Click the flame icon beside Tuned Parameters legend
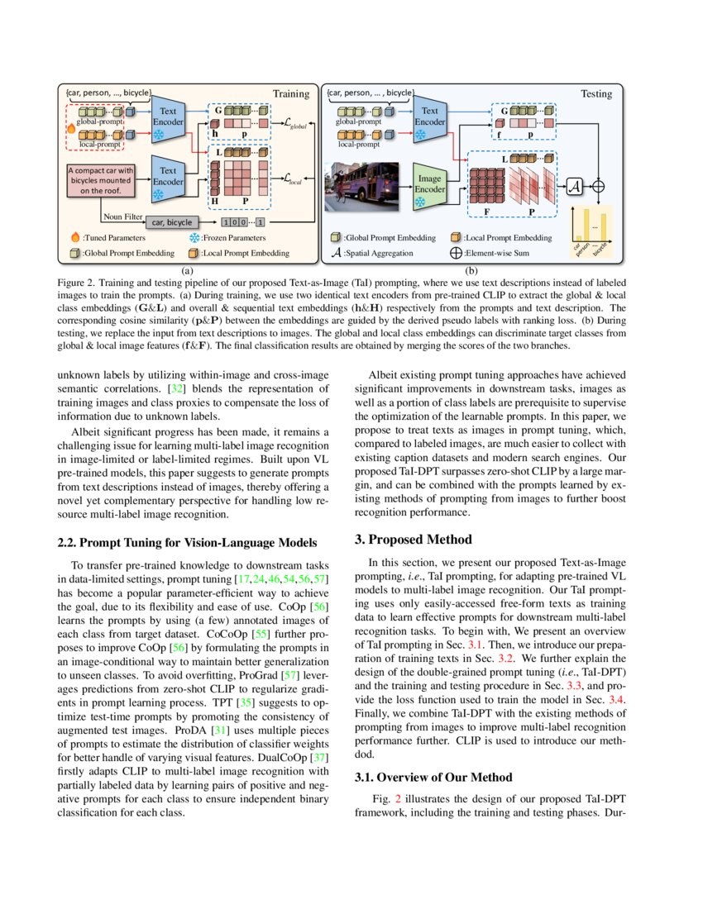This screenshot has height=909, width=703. coord(74,237)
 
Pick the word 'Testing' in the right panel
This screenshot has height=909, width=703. coord(596,94)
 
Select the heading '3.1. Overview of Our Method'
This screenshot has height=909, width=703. coord(433,777)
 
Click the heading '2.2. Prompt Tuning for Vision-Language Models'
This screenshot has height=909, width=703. coord(186,542)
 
